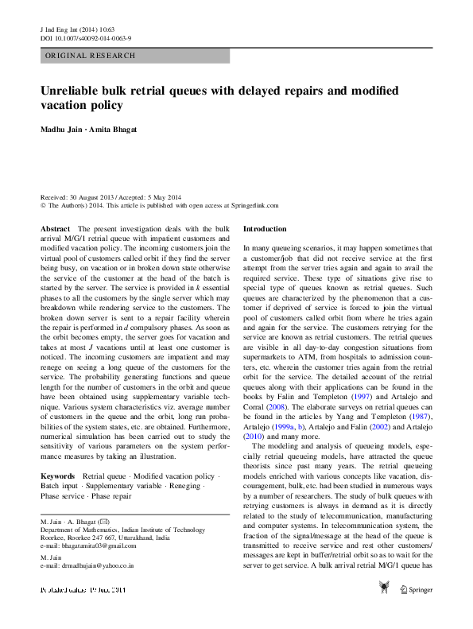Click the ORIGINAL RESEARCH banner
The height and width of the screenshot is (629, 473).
[x=91, y=56]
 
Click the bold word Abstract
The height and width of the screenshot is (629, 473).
[x=55, y=228]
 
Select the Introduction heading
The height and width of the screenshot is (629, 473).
[x=265, y=228]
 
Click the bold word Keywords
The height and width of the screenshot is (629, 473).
[x=57, y=476]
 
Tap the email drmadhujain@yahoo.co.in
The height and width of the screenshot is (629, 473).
[x=87, y=565]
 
